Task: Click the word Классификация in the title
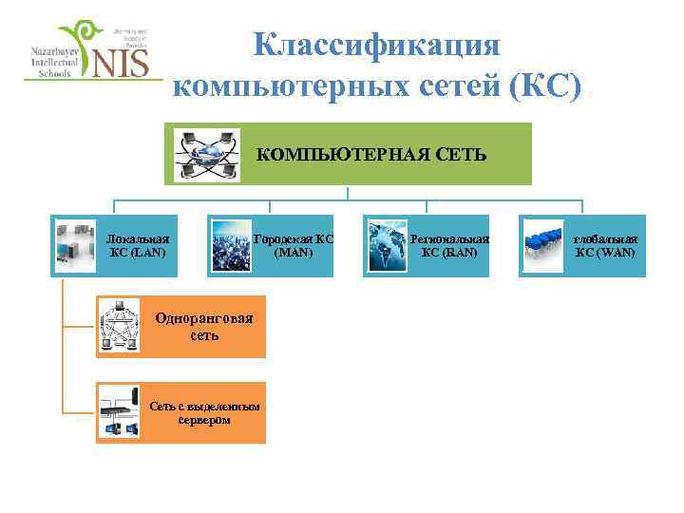click(x=375, y=46)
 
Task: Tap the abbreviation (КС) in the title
click(x=544, y=85)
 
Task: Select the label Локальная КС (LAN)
click(x=138, y=246)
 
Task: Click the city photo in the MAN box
click(x=232, y=246)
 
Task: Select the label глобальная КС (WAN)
click(x=605, y=246)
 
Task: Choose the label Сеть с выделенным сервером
click(x=204, y=412)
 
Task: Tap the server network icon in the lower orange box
click(x=119, y=412)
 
